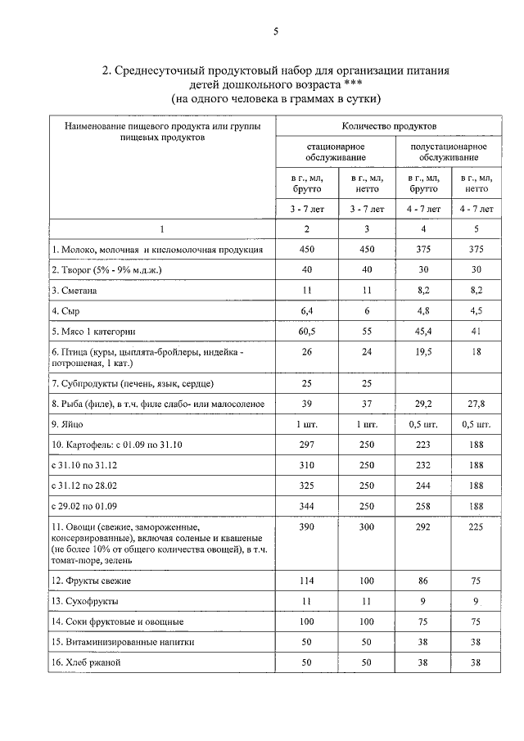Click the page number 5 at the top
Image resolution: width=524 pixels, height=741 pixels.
276,32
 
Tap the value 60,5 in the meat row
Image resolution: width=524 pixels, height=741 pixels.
307,332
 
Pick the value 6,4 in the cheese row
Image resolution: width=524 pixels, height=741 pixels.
307,311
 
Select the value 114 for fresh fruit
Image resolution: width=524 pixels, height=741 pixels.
307,581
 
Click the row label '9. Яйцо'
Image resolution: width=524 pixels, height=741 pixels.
68,424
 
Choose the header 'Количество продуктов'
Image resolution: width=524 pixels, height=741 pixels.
389,126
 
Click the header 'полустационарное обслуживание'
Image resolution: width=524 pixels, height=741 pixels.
448,151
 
